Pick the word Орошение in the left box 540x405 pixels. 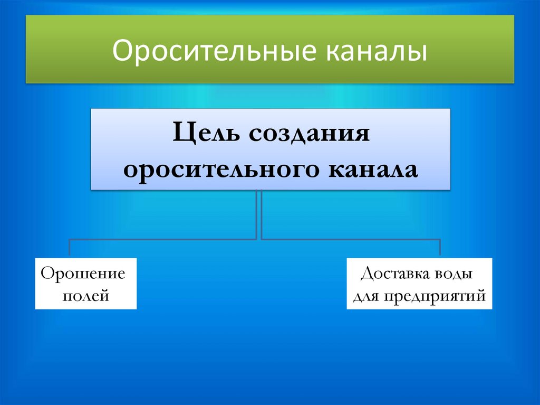click(83, 274)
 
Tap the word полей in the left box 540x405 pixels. click(86, 296)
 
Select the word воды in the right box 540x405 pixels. click(453, 275)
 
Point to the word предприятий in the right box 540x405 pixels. click(435, 296)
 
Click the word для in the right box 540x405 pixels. click(365, 296)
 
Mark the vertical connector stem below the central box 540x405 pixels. click(259, 214)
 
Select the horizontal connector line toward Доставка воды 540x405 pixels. click(351, 239)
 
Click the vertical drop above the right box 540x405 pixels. click(440, 248)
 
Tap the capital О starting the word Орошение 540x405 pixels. click(46, 274)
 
